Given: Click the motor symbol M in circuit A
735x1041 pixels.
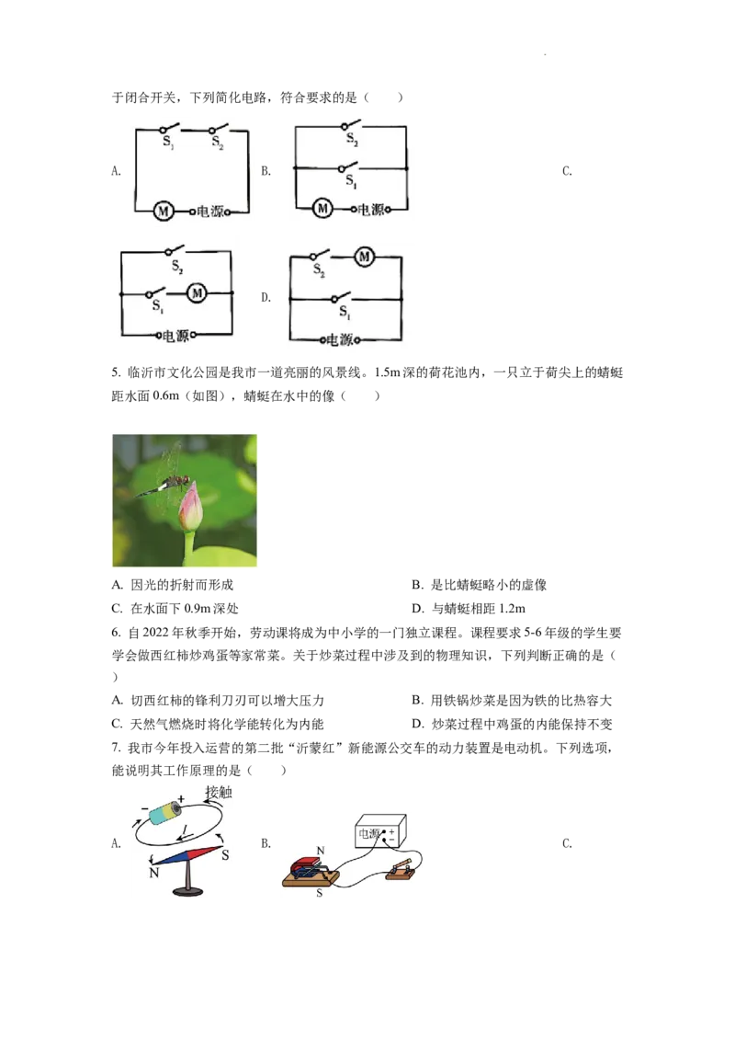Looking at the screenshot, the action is click(x=164, y=212).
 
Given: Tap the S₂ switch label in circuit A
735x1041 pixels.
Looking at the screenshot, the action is click(x=218, y=142).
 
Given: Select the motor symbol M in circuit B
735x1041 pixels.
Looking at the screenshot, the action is click(x=323, y=209).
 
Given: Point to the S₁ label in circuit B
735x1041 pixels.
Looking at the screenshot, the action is click(x=350, y=180).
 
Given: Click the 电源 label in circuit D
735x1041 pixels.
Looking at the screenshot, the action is click(x=340, y=340).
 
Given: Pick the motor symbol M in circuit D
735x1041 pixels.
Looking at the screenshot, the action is click(x=364, y=257).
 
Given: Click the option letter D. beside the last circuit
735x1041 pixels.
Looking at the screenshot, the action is click(x=266, y=297).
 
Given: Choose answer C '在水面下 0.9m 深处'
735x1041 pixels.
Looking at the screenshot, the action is click(x=175, y=608).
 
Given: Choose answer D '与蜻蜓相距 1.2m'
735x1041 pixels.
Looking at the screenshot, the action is click(x=469, y=608).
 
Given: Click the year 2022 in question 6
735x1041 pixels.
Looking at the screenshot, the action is click(x=156, y=633).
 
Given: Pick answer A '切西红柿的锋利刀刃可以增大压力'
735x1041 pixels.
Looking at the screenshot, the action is click(x=219, y=701).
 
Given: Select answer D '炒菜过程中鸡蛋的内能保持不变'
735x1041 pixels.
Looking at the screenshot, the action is click(x=512, y=724).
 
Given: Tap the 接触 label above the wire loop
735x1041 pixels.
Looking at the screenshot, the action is click(x=219, y=792).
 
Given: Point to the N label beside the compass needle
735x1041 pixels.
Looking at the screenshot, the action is click(x=154, y=873).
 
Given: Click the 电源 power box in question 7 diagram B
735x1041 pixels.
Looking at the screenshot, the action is click(x=380, y=832).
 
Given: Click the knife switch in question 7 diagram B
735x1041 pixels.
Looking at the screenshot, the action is click(x=400, y=870).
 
